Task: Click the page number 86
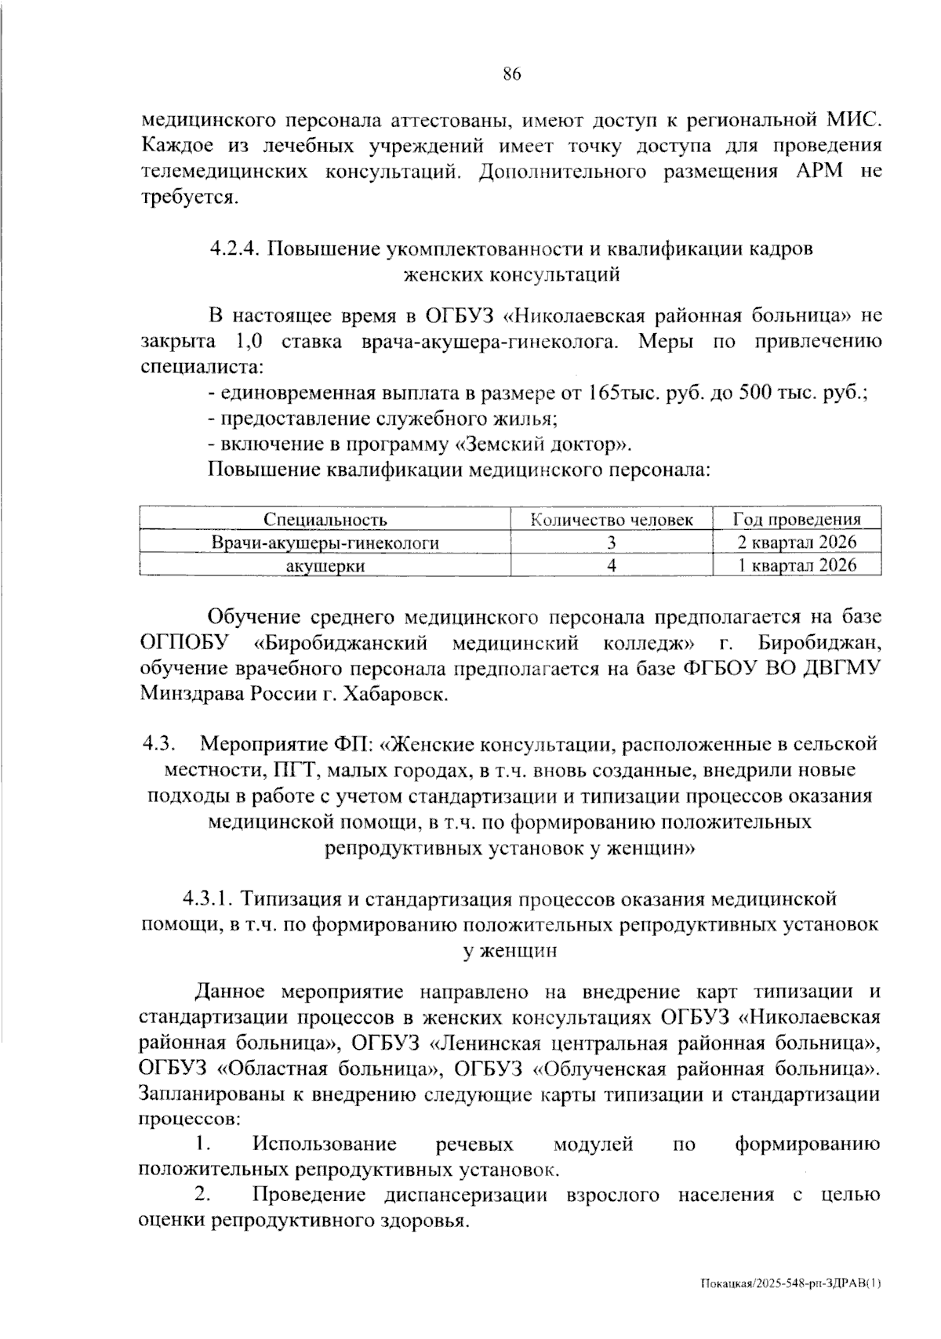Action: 511,74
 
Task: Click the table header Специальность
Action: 325,520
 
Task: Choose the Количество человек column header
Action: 612,520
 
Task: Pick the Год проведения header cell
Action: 797,520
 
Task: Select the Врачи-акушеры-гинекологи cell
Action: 325,542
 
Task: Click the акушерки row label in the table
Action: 325,565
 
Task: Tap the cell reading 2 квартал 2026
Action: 797,542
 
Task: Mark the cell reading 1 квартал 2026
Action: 797,565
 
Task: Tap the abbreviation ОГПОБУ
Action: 183,643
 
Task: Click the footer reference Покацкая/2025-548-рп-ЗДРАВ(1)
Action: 791,1283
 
